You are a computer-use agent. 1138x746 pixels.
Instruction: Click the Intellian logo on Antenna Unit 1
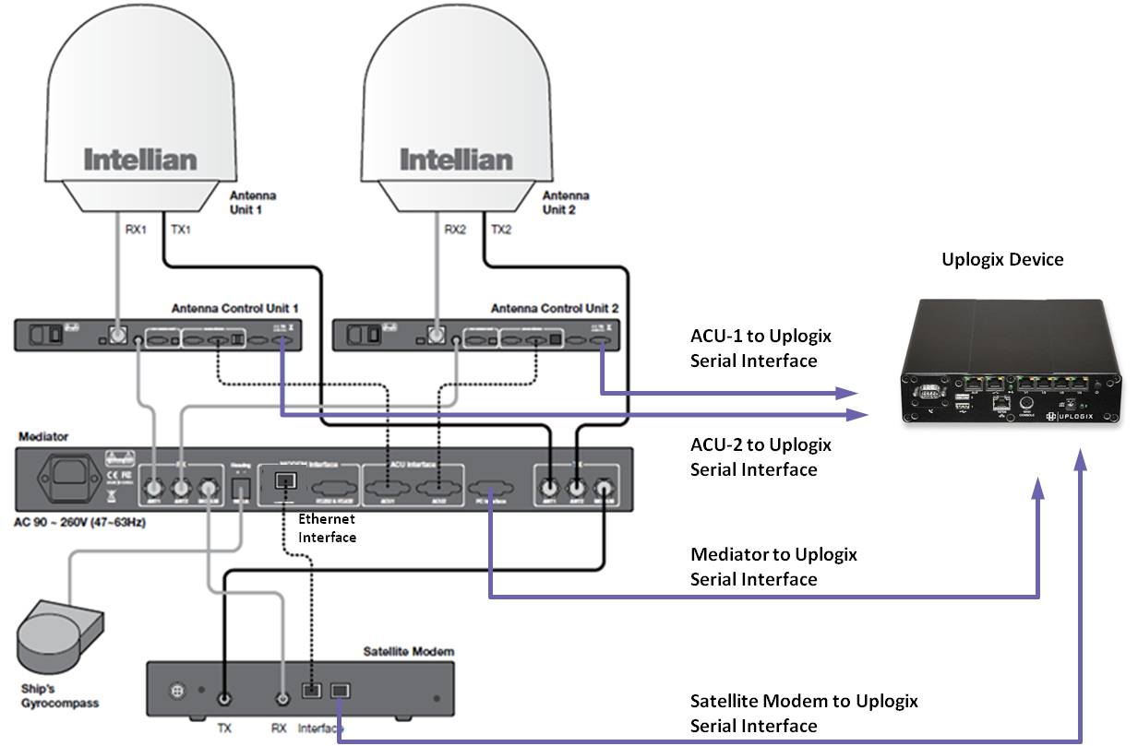[x=140, y=160]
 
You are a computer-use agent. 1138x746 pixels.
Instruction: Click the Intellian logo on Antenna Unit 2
[x=455, y=160]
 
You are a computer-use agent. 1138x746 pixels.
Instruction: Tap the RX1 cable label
[x=136, y=230]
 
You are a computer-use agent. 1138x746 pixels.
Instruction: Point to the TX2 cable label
[x=500, y=230]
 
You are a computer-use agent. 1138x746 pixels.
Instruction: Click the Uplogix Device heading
[x=1002, y=260]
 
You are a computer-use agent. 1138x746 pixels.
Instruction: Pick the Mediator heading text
[x=42, y=435]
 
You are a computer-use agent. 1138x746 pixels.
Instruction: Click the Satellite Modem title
[x=409, y=651]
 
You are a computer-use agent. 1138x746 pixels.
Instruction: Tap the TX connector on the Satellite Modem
[x=222, y=699]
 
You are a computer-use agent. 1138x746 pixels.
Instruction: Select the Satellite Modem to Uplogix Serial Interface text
[x=804, y=713]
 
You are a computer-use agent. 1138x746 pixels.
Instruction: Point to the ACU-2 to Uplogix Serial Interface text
[x=761, y=456]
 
